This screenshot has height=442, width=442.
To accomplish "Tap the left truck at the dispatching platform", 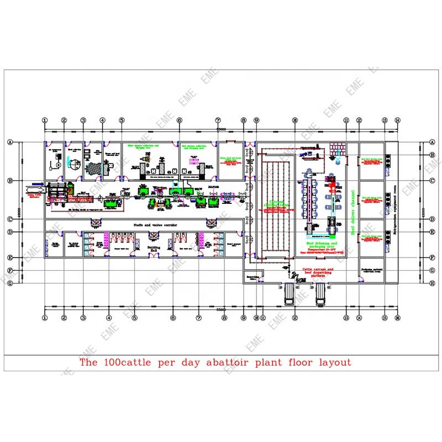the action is pyautogui.click(x=287, y=292).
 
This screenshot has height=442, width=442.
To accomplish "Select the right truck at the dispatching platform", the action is pyautogui.click(x=319, y=292).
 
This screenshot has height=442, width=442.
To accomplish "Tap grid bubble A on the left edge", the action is pyautogui.click(x=9, y=142).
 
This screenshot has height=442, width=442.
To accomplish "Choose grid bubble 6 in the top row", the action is pyautogui.click(x=179, y=120).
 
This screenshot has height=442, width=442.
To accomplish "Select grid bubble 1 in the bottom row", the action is pyautogui.click(x=45, y=318).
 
